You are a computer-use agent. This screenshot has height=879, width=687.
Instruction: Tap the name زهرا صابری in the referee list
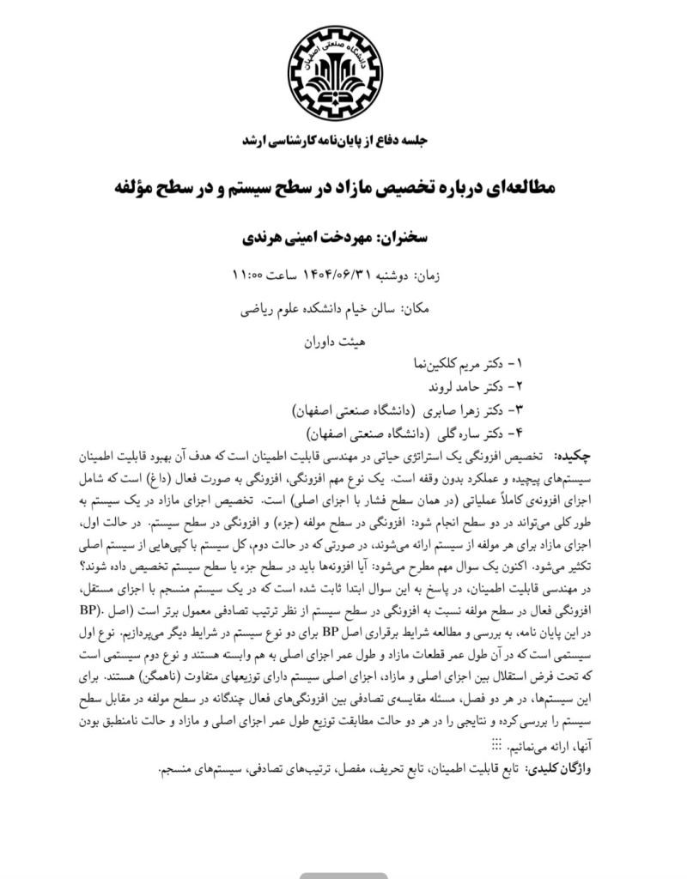[448, 408]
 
